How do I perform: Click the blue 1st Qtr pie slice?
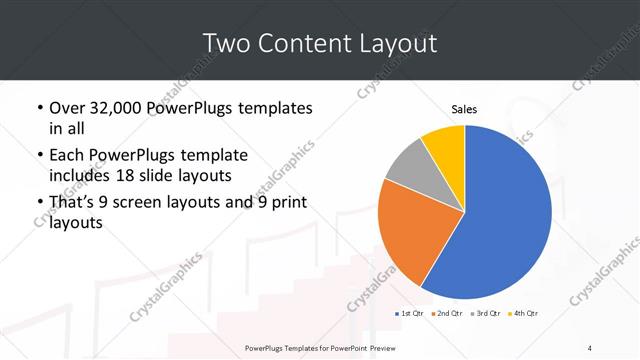[500, 220]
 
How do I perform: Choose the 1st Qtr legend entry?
[411, 314]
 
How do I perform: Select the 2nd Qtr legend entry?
[447, 314]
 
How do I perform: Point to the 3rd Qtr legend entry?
[486, 314]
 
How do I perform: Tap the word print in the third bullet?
[286, 203]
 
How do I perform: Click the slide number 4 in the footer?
[589, 347]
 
